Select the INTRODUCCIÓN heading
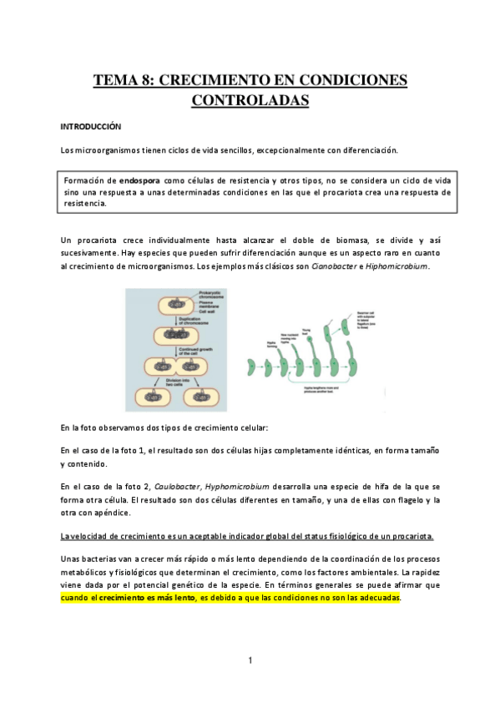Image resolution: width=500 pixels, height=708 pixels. (90, 127)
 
